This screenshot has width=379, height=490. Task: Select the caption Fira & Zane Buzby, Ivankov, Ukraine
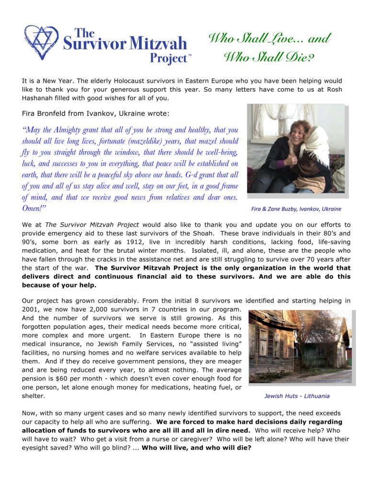pyautogui.click(x=296, y=209)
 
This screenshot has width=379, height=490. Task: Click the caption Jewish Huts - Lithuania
pyautogui.click(x=297, y=396)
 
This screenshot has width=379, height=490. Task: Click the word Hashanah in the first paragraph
pyautogui.click(x=39, y=98)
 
